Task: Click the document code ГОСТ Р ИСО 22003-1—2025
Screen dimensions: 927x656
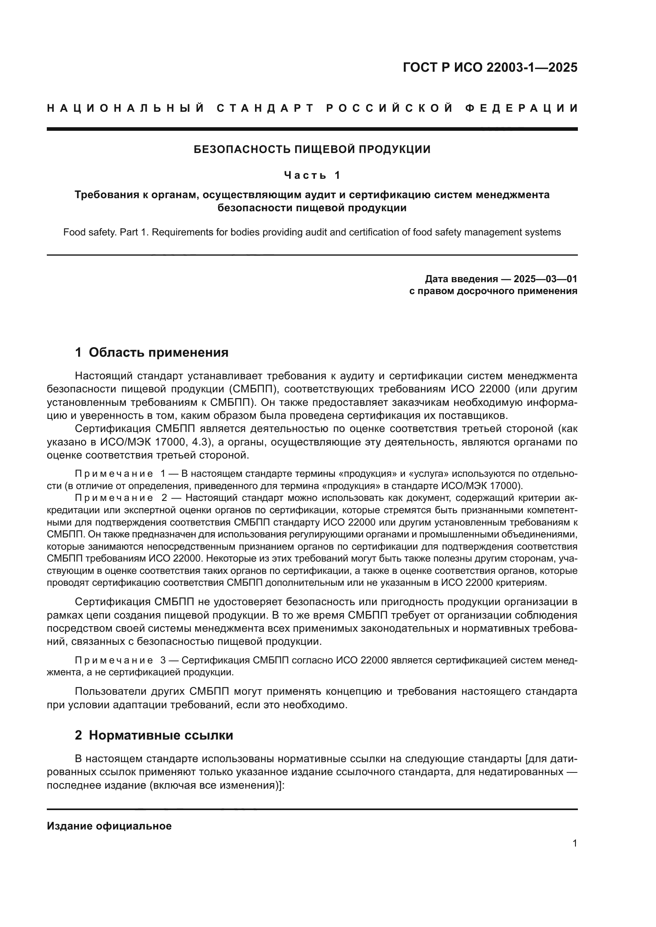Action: coord(490,67)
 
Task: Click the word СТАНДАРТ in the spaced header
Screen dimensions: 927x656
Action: coord(265,108)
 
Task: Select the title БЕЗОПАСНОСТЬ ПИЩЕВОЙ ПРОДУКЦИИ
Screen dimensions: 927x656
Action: coord(312,149)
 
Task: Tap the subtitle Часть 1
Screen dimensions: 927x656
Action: coord(312,175)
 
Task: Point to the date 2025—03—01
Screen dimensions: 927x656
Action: coord(545,279)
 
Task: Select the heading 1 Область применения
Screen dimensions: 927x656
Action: coord(152,352)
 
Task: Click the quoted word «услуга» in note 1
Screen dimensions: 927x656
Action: coord(429,474)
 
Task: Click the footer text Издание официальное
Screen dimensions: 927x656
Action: coord(109,826)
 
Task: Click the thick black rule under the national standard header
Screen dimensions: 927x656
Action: coord(312,129)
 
